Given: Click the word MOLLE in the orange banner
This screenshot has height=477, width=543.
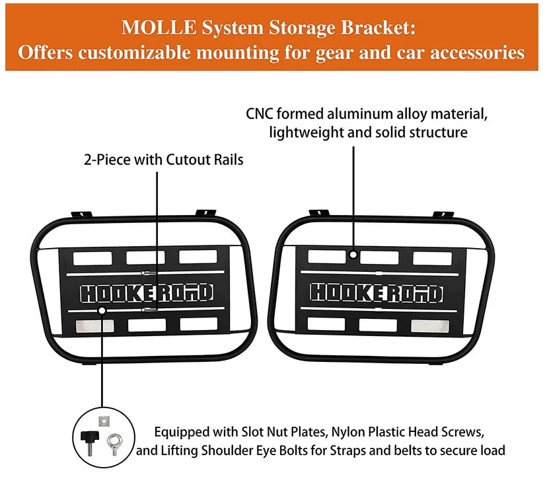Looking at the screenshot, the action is [159, 27].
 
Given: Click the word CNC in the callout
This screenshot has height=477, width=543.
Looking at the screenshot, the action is [260, 114].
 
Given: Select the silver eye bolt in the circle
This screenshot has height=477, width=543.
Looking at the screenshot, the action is [114, 444].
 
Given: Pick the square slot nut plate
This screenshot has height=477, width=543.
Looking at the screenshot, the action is [104, 421].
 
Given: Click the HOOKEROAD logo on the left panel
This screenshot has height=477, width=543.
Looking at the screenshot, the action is [147, 293].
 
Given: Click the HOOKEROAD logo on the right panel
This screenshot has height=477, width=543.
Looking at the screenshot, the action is [377, 293].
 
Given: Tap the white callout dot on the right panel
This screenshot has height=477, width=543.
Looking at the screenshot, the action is [353, 255].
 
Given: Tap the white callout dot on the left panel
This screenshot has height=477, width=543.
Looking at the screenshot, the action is [102, 310].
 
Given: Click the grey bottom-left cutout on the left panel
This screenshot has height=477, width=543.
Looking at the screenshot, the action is [94, 325].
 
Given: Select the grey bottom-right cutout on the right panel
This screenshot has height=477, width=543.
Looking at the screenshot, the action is [430, 325].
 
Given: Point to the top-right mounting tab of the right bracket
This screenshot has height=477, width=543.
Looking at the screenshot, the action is [443, 215].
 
